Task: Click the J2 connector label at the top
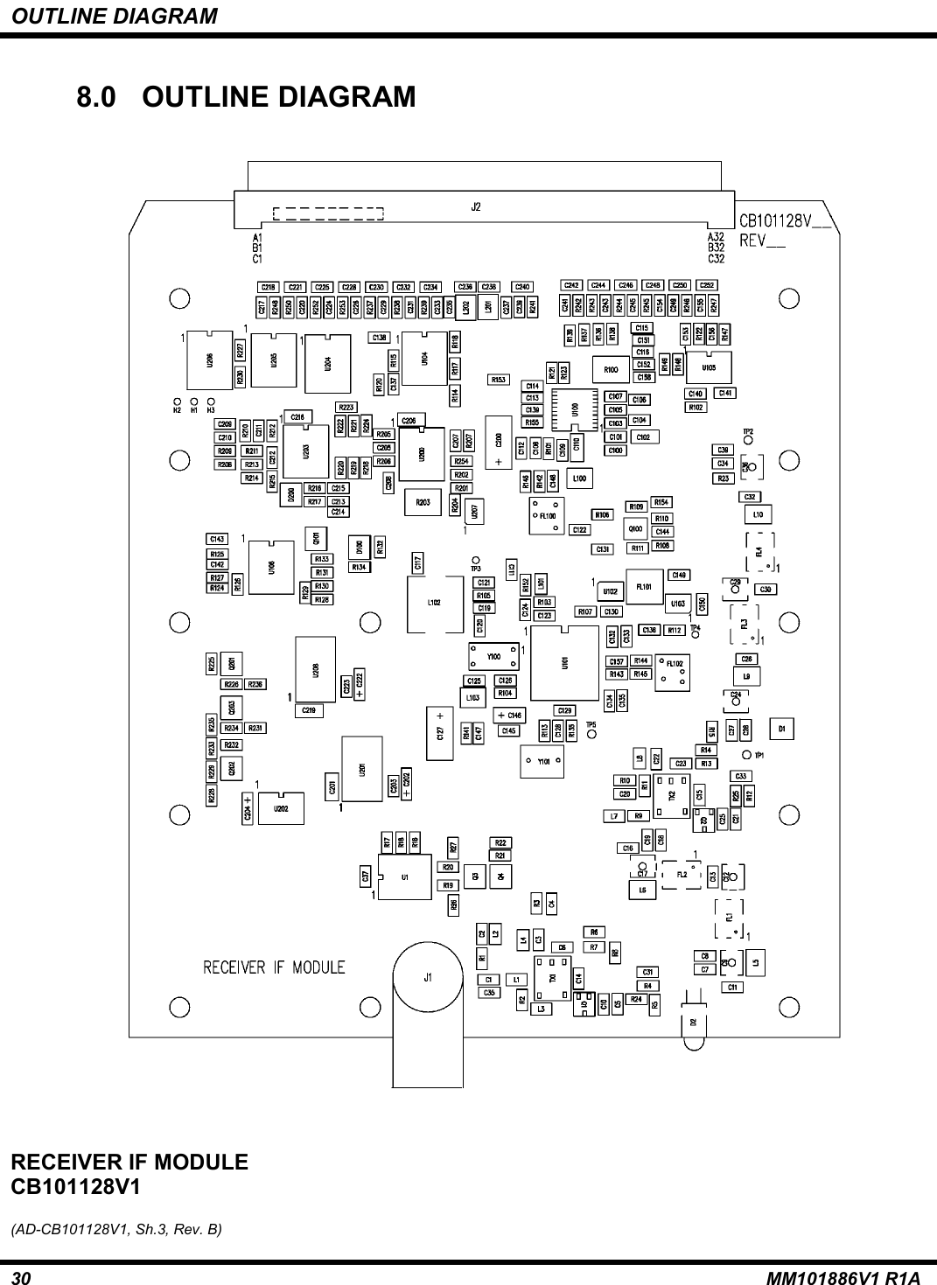click(476, 208)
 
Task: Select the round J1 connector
click(428, 978)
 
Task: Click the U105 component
click(709, 367)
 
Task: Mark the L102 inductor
click(434, 602)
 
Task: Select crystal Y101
click(542, 761)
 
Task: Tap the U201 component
click(361, 767)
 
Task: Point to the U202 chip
click(281, 808)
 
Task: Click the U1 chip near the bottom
click(404, 876)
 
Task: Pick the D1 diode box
click(782, 728)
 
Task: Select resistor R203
click(423, 502)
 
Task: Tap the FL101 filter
click(645, 586)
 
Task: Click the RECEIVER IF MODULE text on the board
click(274, 967)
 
